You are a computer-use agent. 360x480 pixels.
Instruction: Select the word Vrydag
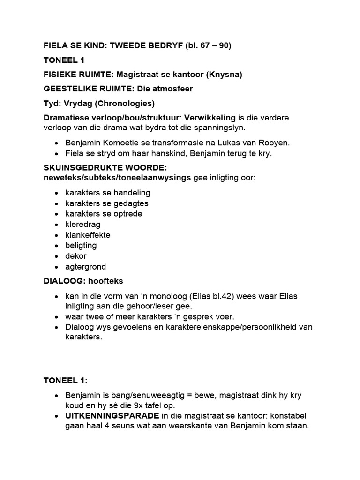point(74,104)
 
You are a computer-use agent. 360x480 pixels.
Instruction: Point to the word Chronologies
point(124,104)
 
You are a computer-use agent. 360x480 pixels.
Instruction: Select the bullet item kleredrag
point(83,224)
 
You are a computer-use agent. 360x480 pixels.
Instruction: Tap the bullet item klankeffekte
point(88,235)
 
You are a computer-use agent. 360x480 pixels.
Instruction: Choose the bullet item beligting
point(81,246)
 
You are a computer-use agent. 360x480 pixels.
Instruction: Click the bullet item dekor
point(76,256)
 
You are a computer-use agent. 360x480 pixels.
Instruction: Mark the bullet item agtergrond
point(86,267)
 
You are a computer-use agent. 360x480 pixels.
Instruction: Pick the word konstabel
point(290,416)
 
